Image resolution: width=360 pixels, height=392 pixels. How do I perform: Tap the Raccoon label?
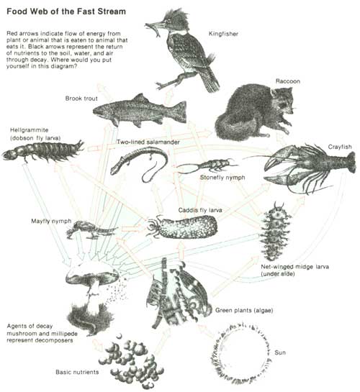pos(288,81)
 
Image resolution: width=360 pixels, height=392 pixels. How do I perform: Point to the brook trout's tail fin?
pos(179,111)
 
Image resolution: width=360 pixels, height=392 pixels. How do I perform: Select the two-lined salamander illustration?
pos(140,163)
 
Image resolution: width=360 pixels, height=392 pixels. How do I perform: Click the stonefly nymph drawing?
pos(207,165)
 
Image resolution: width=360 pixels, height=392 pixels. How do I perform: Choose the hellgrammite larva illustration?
pos(43,150)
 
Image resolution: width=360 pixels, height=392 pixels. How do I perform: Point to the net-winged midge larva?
pos(275,232)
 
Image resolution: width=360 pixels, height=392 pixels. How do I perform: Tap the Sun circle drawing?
pos(240,353)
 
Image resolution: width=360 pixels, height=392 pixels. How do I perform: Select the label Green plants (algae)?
pos(244,311)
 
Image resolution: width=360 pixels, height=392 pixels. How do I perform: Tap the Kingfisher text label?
pos(223,34)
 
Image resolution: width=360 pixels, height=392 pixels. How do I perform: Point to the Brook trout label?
pos(81,99)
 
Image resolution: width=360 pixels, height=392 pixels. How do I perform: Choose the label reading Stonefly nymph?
pos(222,178)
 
